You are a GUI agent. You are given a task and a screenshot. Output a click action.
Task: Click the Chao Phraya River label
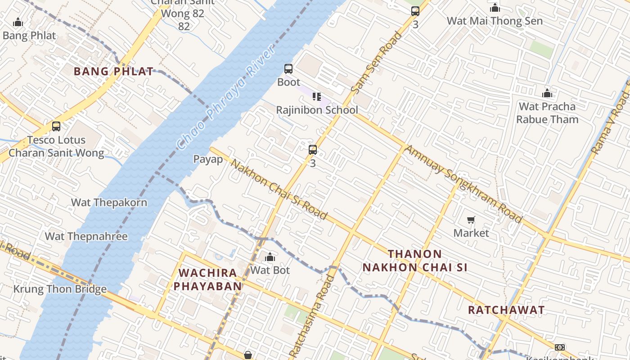(x=226, y=98)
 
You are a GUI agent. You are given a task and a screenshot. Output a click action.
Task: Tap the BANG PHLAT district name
(x=113, y=71)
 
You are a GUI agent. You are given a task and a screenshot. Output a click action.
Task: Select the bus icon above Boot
(x=288, y=69)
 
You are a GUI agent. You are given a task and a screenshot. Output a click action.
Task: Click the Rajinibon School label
(x=317, y=110)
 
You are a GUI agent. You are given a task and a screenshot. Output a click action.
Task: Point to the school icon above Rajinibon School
(x=316, y=97)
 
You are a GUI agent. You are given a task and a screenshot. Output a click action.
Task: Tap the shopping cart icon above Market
(x=471, y=220)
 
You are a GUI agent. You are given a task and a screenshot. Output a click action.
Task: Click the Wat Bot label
(x=270, y=270)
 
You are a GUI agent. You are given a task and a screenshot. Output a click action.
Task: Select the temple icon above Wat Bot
(x=270, y=257)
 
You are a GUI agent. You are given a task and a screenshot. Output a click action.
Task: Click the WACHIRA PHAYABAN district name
(x=208, y=279)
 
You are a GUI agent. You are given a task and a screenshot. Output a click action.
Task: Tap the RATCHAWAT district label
(x=506, y=310)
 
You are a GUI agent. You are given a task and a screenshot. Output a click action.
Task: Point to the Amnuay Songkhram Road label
(x=463, y=184)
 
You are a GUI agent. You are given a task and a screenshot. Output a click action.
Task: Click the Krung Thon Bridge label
(x=60, y=289)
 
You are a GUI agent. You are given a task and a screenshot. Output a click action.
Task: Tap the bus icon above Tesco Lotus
(x=56, y=126)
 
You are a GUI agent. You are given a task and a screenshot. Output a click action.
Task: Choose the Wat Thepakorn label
(x=109, y=202)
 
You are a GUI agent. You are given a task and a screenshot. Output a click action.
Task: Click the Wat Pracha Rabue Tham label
(x=547, y=113)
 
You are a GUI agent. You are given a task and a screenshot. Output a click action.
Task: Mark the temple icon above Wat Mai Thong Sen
(x=495, y=8)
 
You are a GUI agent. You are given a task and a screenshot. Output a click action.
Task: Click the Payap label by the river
(x=208, y=159)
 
